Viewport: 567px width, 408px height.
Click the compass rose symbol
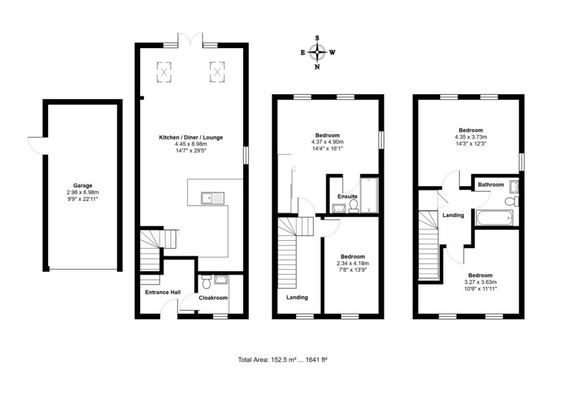coord(317,52)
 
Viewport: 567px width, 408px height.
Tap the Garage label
coord(82,186)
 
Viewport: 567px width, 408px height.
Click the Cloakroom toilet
coord(206,282)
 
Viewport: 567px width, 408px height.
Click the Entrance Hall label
coord(162,292)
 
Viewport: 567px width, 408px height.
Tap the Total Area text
coord(283,359)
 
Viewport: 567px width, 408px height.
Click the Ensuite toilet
coord(353,205)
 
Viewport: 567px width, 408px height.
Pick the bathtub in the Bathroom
coord(494,218)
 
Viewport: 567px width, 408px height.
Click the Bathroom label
coord(490,185)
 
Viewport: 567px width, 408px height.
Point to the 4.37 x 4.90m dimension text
coord(327,142)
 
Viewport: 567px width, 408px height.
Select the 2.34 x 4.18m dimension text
coord(352,263)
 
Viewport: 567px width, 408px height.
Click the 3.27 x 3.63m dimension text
coord(480,282)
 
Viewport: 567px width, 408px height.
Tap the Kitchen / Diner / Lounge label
coord(190,137)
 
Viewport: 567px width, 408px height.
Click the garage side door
coord(37,145)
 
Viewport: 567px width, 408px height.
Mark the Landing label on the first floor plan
coord(297,297)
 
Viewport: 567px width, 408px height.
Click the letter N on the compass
coord(317,67)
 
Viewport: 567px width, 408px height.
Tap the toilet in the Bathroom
coord(510,202)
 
